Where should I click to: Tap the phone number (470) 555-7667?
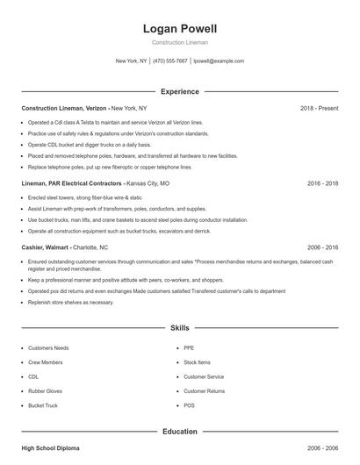[170, 61]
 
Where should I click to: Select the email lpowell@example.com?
[219, 61]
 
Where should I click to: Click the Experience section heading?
[179, 91]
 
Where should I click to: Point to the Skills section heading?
[179, 327]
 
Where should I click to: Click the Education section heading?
[179, 432]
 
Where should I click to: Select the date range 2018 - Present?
[319, 108]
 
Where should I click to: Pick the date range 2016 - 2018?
[322, 184]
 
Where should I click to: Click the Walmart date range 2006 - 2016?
[322, 247]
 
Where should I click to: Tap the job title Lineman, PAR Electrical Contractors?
[72, 184]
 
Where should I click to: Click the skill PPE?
[189, 348]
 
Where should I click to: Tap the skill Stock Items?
[197, 362]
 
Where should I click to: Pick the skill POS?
[189, 405]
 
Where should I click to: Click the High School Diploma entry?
[50, 447]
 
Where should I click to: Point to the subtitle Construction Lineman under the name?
[179, 42]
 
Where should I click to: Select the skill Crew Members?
[47, 362]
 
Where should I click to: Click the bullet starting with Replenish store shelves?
[71, 301]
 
